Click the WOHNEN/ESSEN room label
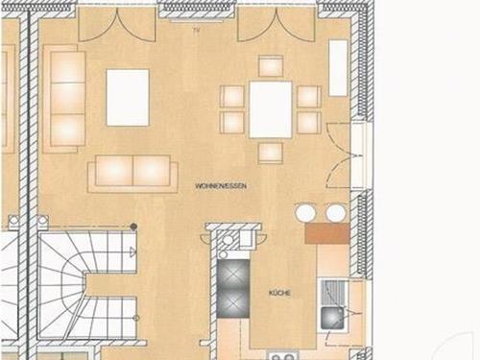pos(221,186)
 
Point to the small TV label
pos(196,31)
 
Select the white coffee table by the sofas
pos(128,97)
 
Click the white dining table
pos(271,109)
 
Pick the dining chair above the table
pos(271,66)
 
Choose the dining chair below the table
pos(271,153)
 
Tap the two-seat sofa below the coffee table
pos(132,174)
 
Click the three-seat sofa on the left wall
pos(64,99)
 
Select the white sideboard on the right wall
pos(338,67)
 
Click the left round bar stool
pos(305,212)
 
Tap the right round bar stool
pos(336,212)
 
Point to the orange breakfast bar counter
pos(327,233)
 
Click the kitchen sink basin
pos(332,318)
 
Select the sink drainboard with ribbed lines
pos(332,293)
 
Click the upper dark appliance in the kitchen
pos(233,275)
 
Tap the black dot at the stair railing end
pos(133,227)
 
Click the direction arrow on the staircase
pos(132,252)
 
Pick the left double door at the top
pos(117,25)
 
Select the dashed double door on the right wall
pos(340,156)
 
